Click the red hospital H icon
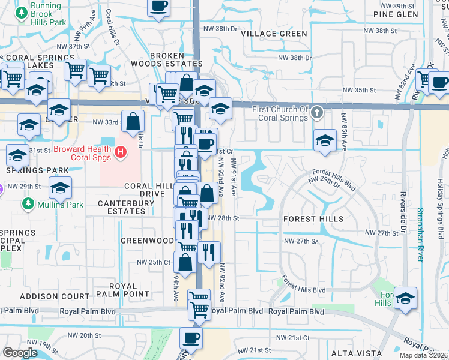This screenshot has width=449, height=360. pos(121,152)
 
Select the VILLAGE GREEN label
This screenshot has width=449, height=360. pos(274,34)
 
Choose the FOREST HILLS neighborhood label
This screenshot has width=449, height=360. pos(313,219)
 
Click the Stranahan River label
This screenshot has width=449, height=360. pos(420,235)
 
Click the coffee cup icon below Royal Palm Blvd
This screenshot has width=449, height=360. pos(191,339)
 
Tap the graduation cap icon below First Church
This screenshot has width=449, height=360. pos(325,141)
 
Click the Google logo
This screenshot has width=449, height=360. pos(20,352)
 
